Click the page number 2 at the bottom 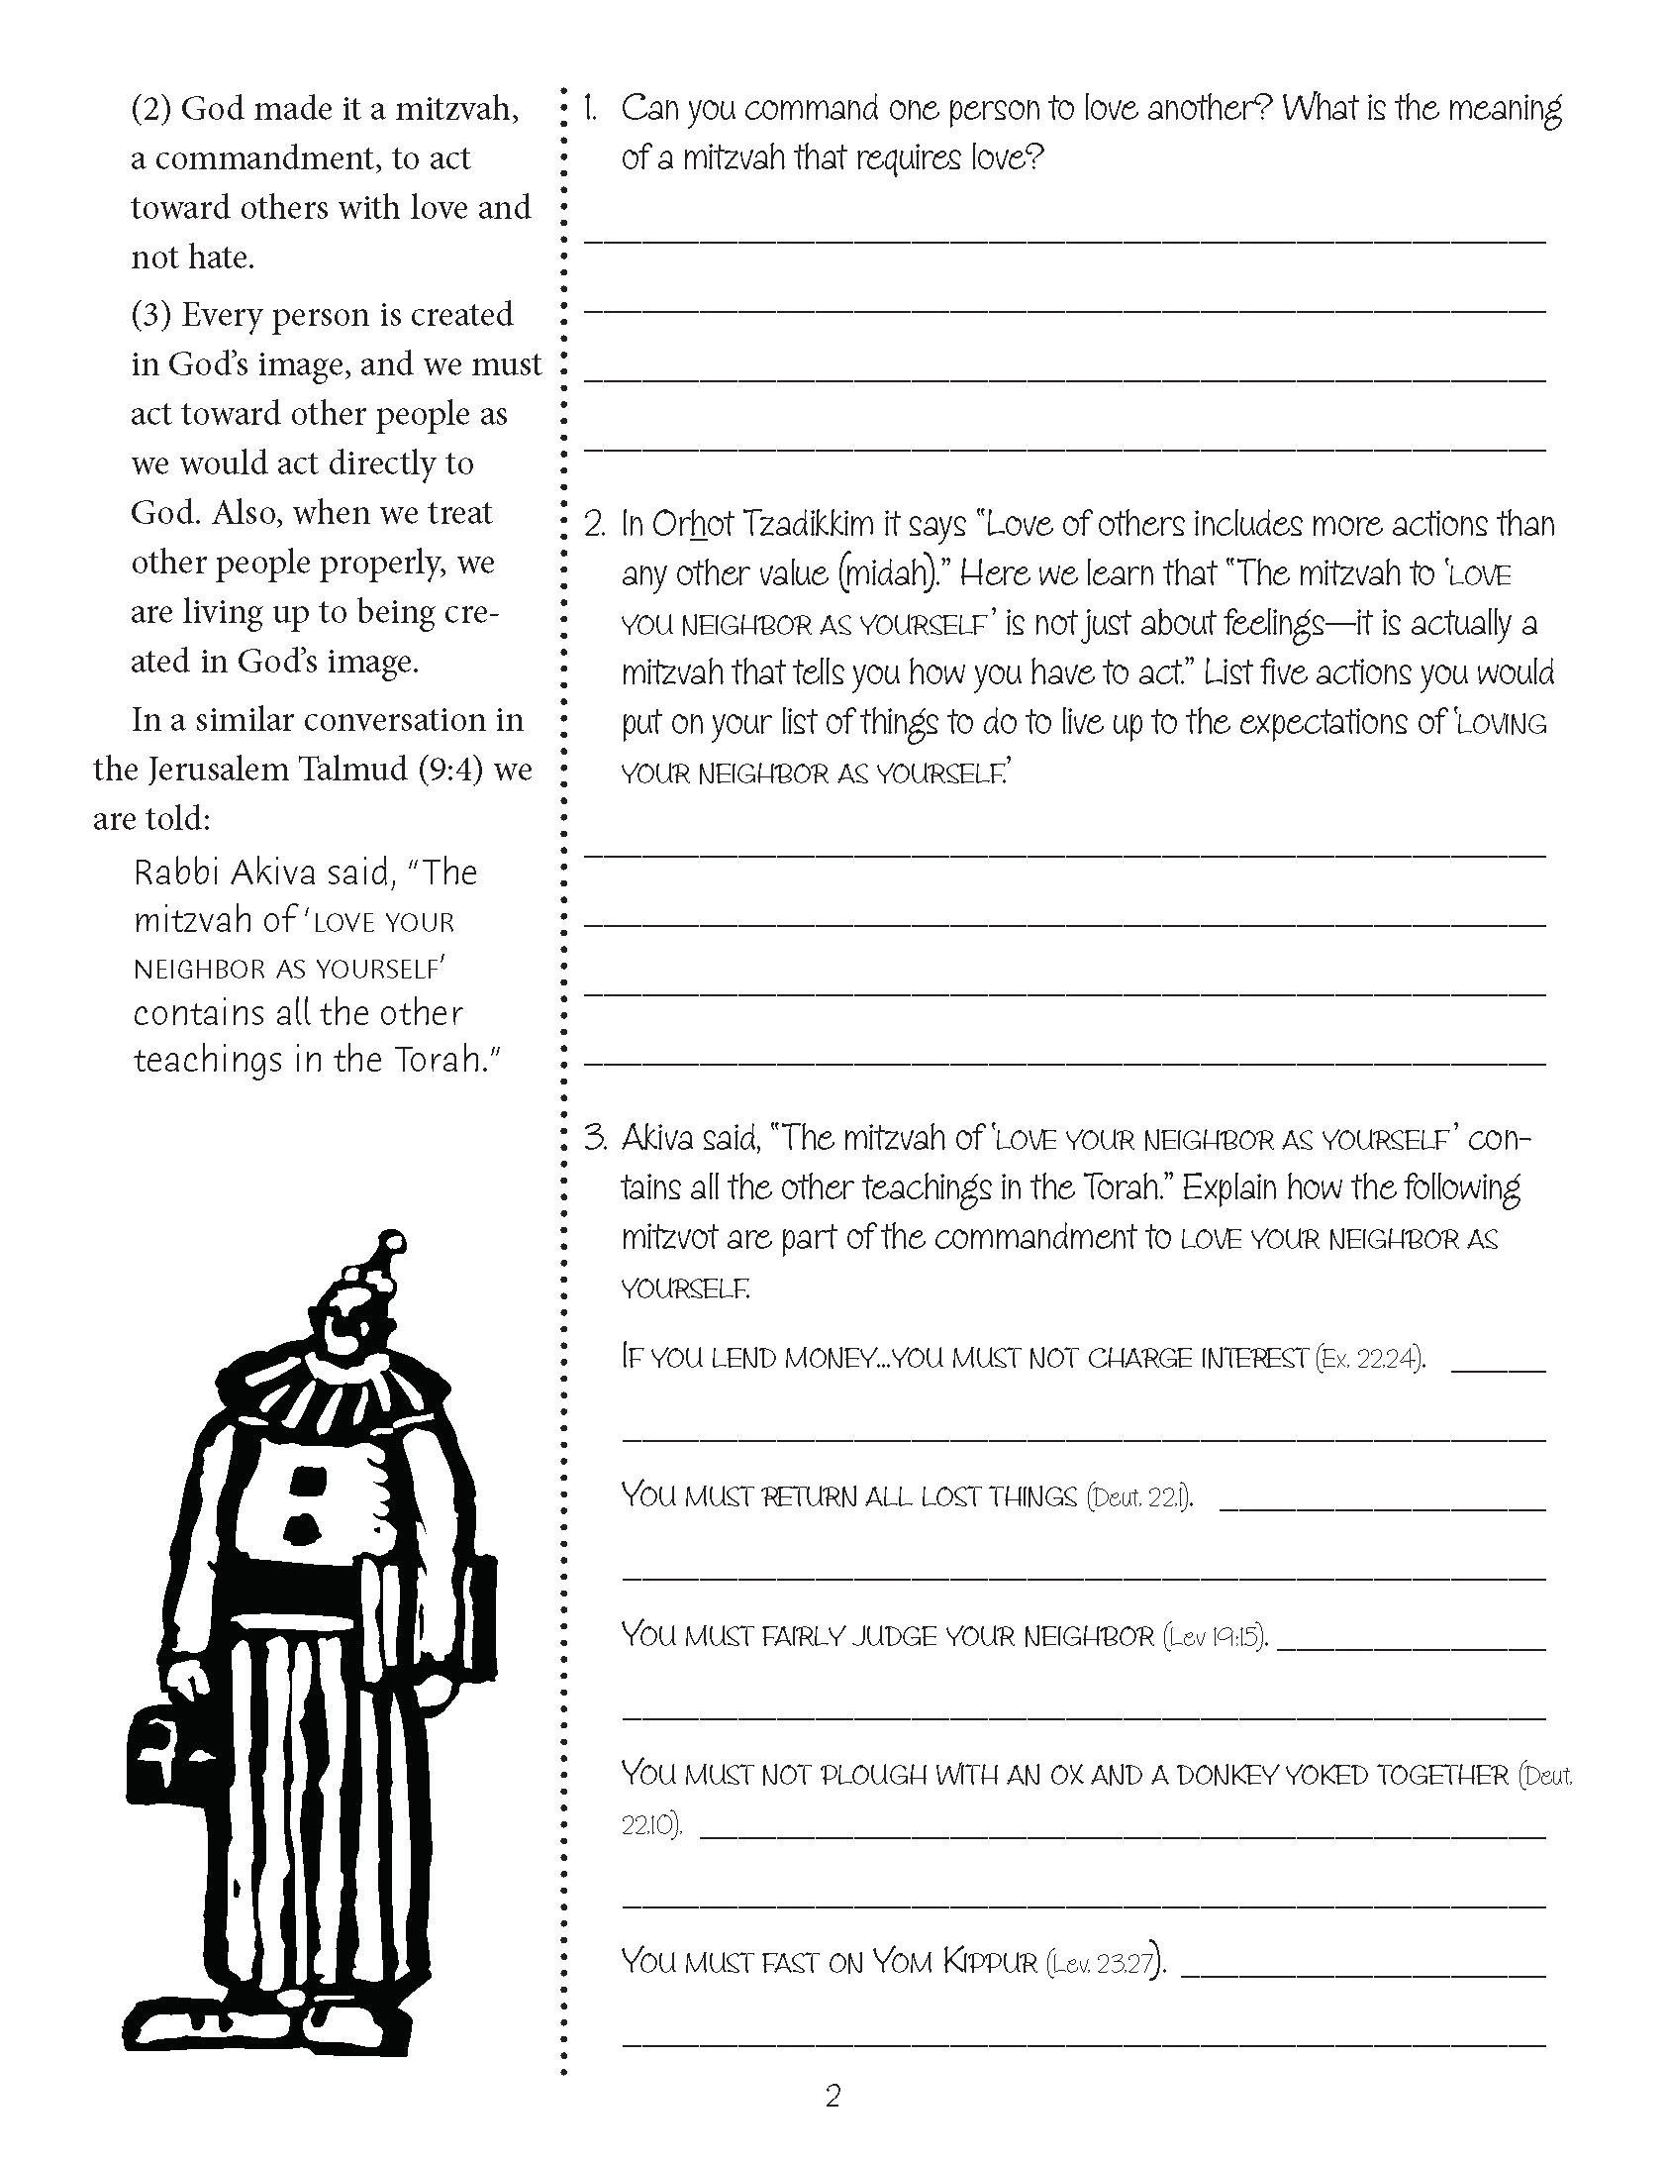(833, 2096)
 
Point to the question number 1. (592, 108)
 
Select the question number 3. (594, 1139)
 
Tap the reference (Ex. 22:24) (1370, 1359)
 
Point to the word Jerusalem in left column (226, 770)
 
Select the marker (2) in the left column (151, 108)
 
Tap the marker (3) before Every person (151, 315)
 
